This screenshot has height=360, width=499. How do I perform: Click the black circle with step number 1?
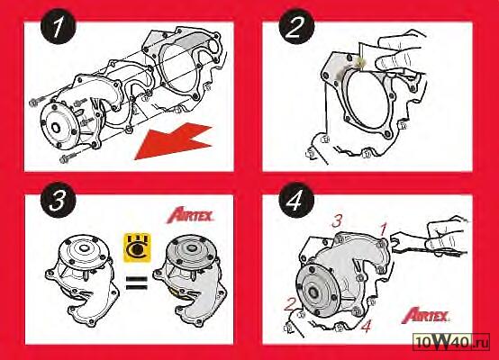(x=58, y=26)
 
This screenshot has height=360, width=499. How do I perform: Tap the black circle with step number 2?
(x=296, y=26)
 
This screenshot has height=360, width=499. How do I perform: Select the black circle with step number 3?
(x=58, y=200)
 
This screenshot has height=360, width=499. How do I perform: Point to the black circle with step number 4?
(x=296, y=200)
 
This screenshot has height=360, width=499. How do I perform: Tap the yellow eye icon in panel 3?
(x=137, y=247)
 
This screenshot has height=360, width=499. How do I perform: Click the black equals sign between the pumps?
(x=137, y=283)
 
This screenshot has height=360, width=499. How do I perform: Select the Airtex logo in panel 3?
(x=190, y=215)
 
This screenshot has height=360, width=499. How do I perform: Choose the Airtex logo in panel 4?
(x=425, y=315)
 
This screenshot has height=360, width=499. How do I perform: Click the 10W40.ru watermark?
(x=451, y=342)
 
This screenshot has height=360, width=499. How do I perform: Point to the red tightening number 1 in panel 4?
(x=384, y=229)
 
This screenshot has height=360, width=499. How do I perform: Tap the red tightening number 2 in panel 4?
(x=290, y=303)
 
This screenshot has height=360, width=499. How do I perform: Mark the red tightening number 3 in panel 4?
(x=337, y=220)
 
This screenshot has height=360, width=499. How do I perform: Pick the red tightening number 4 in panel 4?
(x=367, y=326)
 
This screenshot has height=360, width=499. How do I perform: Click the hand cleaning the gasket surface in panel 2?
(x=402, y=54)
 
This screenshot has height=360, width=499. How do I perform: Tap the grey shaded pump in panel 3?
(x=190, y=280)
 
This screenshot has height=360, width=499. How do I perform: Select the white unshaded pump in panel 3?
(x=84, y=280)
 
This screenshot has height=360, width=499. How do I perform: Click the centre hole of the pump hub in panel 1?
(x=57, y=128)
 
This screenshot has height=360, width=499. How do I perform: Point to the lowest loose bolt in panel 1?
(x=68, y=157)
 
